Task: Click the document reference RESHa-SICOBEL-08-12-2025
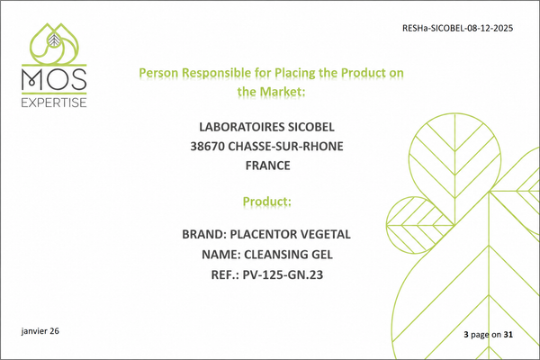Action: click(x=457, y=28)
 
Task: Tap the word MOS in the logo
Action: click(x=54, y=79)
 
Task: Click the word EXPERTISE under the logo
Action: click(x=54, y=103)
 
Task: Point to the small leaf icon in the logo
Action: click(x=54, y=40)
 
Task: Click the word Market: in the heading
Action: click(x=283, y=92)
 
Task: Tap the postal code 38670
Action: click(x=208, y=147)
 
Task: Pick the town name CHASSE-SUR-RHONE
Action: click(x=286, y=147)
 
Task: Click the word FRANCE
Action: click(x=267, y=166)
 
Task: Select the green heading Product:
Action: click(x=267, y=202)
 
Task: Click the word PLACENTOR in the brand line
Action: click(x=258, y=234)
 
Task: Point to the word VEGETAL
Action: click(x=320, y=234)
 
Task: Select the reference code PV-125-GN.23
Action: click(x=283, y=274)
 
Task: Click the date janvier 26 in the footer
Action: click(x=40, y=331)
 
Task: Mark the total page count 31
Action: click(x=508, y=334)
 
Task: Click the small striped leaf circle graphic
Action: click(x=417, y=225)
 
